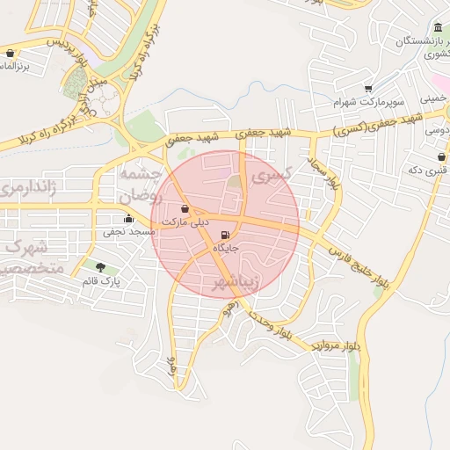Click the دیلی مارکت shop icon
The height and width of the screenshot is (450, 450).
[x=185, y=208]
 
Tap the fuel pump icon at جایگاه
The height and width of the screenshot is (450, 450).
[x=227, y=235]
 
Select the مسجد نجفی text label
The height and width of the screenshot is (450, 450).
[x=129, y=232]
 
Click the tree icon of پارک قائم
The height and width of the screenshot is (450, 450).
[x=100, y=267]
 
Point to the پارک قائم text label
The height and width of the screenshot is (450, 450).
[x=99, y=281]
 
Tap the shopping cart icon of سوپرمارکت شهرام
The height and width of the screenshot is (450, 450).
[x=367, y=88]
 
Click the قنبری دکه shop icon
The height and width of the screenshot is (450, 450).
[x=440, y=156]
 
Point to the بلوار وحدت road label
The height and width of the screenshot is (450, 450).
[x=268, y=324]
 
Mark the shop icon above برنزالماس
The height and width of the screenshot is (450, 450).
[x=9, y=53]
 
